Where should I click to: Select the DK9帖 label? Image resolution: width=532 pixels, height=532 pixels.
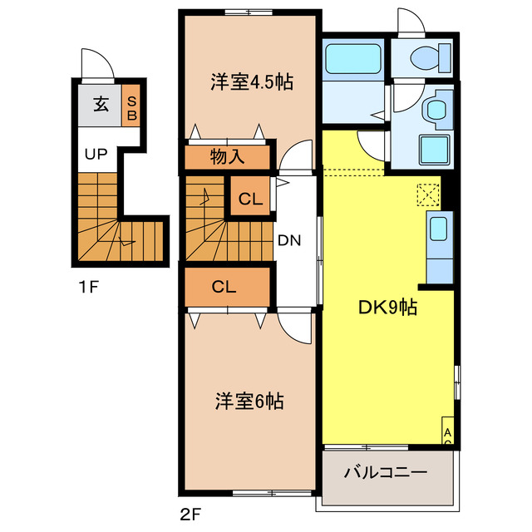pyautogui.click(x=387, y=308)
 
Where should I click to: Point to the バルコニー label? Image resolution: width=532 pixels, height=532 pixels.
pyautogui.click(x=386, y=472)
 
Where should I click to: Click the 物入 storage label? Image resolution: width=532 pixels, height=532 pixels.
pyautogui.click(x=227, y=156)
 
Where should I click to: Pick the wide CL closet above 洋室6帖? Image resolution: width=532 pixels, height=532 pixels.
pyautogui.click(x=224, y=287)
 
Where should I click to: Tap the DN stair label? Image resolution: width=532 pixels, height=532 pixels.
pyautogui.click(x=288, y=241)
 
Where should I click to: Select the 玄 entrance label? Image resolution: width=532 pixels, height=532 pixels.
pyautogui.click(x=100, y=105)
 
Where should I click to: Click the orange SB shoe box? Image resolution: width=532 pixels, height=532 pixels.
pyautogui.click(x=131, y=106)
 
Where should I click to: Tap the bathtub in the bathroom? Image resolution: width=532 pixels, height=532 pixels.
pyautogui.click(x=352, y=61)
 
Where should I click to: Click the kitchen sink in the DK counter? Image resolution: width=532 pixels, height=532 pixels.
pyautogui.click(x=438, y=227)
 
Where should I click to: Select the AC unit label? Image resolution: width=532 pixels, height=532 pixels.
pyautogui.click(x=447, y=436)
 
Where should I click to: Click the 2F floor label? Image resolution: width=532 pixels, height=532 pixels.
pyautogui.click(x=190, y=513)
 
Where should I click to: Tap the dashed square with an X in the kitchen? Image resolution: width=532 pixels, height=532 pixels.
pyautogui.click(x=427, y=194)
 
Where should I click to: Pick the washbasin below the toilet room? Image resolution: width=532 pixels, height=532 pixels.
pyautogui.click(x=435, y=108)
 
